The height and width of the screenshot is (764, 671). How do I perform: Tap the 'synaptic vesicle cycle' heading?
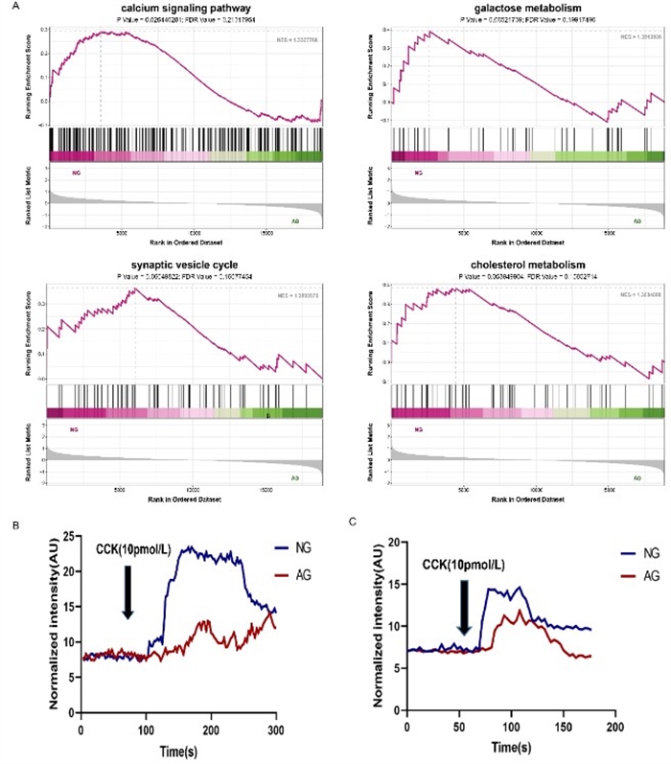[x=186, y=266]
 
